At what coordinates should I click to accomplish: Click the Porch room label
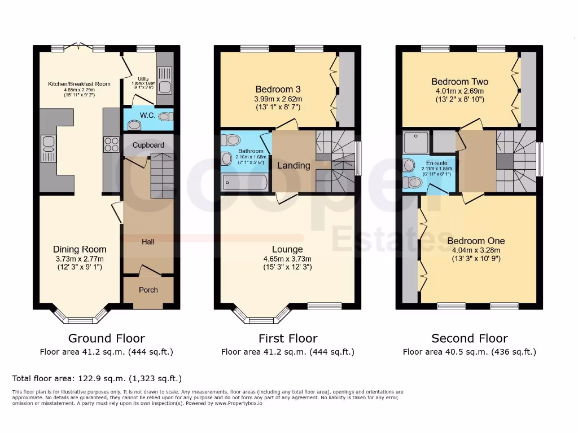click(148, 290)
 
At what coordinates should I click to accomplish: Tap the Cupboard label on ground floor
click(148, 145)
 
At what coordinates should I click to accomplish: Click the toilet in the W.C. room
click(165, 117)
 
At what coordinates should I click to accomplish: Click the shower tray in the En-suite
click(417, 143)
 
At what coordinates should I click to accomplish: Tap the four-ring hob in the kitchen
click(111, 144)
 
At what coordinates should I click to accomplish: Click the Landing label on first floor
click(294, 165)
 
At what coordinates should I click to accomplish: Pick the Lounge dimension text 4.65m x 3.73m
click(287, 259)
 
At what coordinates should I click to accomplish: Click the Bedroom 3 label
click(278, 89)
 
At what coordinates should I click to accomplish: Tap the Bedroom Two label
click(459, 82)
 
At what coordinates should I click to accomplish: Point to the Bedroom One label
click(474, 241)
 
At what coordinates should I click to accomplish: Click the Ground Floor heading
click(106, 338)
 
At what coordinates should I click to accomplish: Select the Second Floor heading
click(470, 338)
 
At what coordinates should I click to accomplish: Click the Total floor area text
click(97, 378)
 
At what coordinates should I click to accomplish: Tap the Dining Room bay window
click(80, 317)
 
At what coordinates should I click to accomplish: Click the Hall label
click(148, 241)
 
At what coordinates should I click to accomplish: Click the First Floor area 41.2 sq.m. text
click(287, 352)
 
